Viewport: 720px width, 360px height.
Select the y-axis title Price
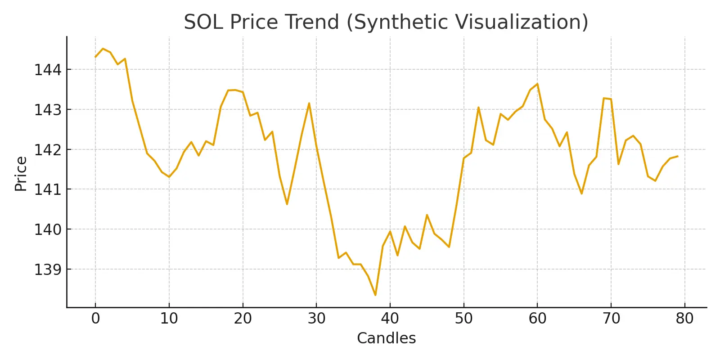[21, 174]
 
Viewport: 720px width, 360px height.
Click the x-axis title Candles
[386, 338]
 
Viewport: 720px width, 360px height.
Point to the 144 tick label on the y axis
[47, 70]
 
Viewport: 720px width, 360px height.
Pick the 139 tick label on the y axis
[47, 269]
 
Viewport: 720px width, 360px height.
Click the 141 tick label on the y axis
[47, 189]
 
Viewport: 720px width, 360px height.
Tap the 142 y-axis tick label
[47, 149]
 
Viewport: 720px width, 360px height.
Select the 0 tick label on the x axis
[95, 319]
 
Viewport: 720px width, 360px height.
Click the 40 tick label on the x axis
[390, 319]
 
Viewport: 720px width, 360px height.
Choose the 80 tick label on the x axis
[684, 319]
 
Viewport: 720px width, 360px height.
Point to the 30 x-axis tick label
[316, 319]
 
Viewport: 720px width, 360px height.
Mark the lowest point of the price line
[375, 295]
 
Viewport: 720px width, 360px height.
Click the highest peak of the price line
[103, 49]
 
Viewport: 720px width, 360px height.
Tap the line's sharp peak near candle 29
[309, 103]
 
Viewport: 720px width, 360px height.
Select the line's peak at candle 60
[537, 84]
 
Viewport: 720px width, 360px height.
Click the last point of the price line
[677, 156]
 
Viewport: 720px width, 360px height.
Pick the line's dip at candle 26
[287, 204]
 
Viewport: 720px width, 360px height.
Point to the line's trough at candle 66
[581, 193]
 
